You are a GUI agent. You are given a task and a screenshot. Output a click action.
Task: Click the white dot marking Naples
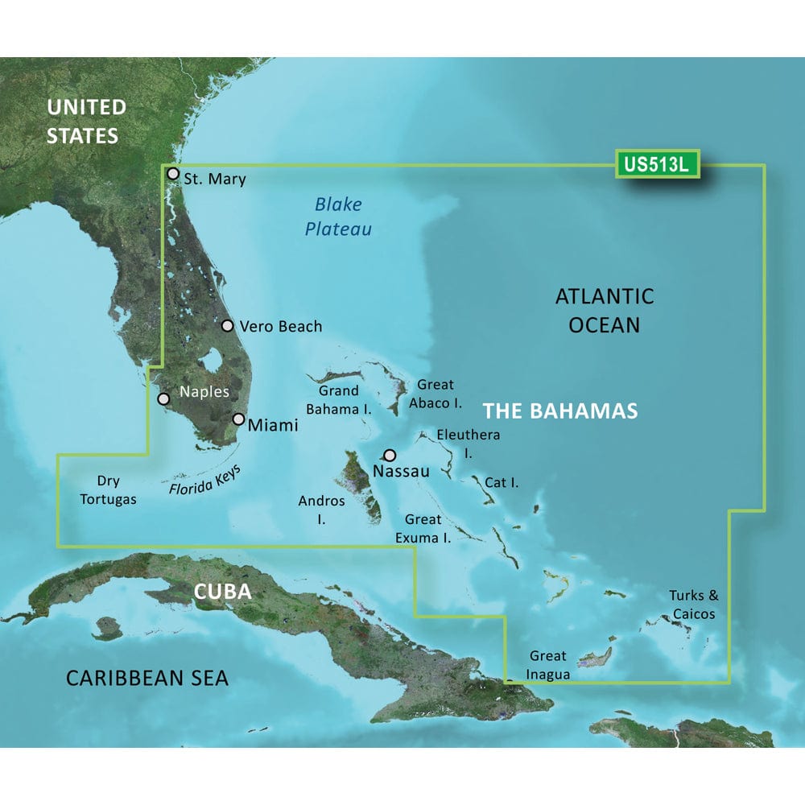pyautogui.click(x=163, y=398)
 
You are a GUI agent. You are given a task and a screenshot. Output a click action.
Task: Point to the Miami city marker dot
pyautogui.click(x=239, y=419)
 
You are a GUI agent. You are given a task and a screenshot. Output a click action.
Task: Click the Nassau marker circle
pyautogui.click(x=390, y=455)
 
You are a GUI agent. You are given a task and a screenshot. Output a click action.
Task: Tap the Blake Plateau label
pyautogui.click(x=338, y=217)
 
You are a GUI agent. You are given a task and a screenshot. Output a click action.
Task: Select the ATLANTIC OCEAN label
pyautogui.click(x=604, y=310)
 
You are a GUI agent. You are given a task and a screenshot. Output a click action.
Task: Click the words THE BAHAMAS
pyautogui.click(x=560, y=411)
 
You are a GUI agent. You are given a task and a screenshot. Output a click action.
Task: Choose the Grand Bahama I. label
pyautogui.click(x=339, y=400)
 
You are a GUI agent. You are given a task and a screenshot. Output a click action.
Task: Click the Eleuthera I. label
pyautogui.click(x=468, y=443)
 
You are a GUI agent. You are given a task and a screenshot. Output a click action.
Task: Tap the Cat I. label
pyautogui.click(x=502, y=483)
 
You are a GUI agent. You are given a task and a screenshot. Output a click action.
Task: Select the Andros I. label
pyautogui.click(x=321, y=510)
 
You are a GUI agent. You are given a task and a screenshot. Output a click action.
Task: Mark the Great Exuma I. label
pyautogui.click(x=427, y=528)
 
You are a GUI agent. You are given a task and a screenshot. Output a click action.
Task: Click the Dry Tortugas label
pyautogui.click(x=109, y=490)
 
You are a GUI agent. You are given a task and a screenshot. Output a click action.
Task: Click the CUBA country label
pyautogui.click(x=222, y=592)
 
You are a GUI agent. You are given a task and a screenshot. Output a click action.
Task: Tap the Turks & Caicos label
pyautogui.click(x=691, y=605)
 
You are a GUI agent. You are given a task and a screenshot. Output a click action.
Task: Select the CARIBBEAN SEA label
pyautogui.click(x=147, y=677)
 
